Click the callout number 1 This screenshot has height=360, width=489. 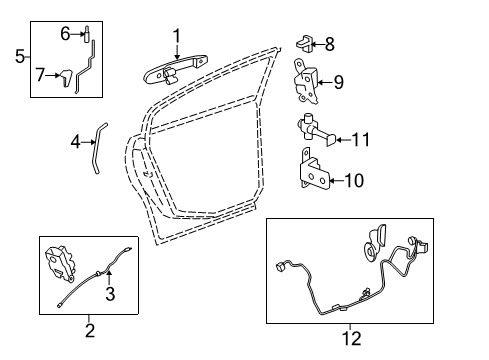176,38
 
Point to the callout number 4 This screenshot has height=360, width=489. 75,142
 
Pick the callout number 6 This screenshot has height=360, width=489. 65,33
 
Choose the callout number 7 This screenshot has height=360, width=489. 40,75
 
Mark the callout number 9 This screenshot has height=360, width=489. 338,82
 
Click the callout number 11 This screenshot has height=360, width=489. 360,140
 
